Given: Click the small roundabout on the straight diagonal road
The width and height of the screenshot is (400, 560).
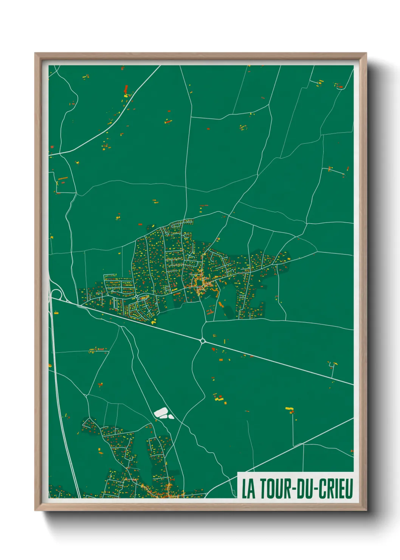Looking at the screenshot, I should (x=203, y=341).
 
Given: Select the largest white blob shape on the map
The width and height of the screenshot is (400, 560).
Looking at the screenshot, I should (x=161, y=412).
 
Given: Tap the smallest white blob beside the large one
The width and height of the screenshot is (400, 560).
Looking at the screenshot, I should (x=171, y=417).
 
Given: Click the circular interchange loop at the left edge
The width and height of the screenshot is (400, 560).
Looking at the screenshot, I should (x=57, y=293).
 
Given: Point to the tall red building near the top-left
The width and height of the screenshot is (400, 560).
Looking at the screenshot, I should (x=126, y=89).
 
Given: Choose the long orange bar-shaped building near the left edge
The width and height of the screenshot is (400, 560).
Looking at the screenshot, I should (x=62, y=178).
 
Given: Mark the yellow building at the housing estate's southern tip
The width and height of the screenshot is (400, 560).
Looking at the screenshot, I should (x=153, y=322).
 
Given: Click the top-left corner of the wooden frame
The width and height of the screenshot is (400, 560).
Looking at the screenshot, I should (x=35, y=53).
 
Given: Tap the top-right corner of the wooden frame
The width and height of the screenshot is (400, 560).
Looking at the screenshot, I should (x=366, y=53).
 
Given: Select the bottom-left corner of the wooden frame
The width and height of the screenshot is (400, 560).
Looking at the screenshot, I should (x=35, y=510).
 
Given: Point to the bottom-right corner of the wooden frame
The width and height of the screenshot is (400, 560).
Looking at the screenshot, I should (x=366, y=510).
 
